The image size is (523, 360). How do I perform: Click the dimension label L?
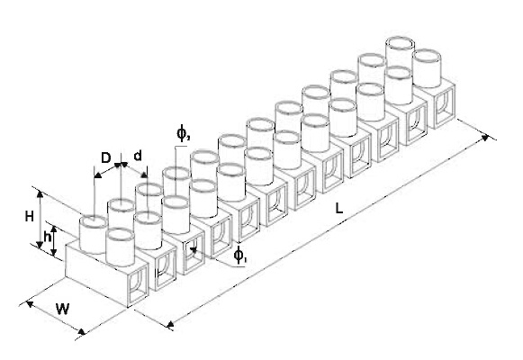[x=338, y=208]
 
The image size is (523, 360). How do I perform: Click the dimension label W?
[x=62, y=309]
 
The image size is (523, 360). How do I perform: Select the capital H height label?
[x=30, y=217]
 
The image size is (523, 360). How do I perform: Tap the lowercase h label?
[x=48, y=237]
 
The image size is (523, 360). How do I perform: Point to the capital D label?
[x=105, y=157]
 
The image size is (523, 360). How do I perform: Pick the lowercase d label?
[x=138, y=156]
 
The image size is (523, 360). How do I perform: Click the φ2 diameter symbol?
[x=183, y=133]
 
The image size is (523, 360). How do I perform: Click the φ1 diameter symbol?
[x=239, y=256]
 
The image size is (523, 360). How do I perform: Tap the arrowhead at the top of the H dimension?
[x=40, y=194]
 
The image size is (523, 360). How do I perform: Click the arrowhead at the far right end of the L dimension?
[x=486, y=138]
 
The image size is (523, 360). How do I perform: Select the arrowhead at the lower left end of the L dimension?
[x=170, y=323]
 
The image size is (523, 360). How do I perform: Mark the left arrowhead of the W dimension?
[x=30, y=303]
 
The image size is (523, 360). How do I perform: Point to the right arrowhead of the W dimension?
[x=81, y=331]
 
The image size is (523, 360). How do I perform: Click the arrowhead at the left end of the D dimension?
[x=98, y=175]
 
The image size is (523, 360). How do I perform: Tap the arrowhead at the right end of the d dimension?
[x=144, y=175]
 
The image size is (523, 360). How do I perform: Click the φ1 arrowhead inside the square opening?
[x=194, y=249]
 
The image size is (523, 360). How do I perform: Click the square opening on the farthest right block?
[x=445, y=104]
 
